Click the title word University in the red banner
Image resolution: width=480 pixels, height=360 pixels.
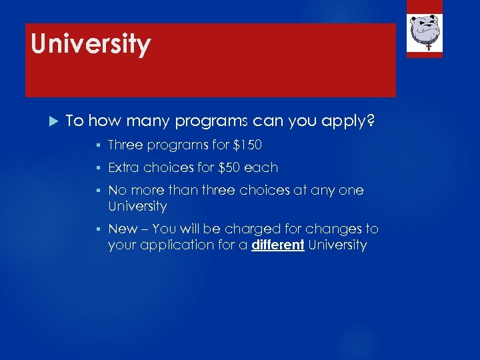click(x=91, y=45)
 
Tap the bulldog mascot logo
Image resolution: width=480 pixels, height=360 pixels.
click(x=425, y=31)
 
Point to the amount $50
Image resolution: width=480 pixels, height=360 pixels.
click(x=231, y=167)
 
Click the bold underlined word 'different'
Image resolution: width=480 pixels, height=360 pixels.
click(x=278, y=245)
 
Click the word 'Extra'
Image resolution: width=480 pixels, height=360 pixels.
click(x=124, y=167)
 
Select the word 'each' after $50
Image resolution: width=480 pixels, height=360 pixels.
click(x=263, y=167)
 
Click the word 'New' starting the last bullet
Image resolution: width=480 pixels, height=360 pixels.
click(x=123, y=229)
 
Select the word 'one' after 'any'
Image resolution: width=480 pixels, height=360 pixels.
click(x=351, y=190)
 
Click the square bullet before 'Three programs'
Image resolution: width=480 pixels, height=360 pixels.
click(x=98, y=145)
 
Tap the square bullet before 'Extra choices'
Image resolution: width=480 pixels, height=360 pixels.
click(x=98, y=167)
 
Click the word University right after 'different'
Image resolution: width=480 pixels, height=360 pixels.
click(x=337, y=245)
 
